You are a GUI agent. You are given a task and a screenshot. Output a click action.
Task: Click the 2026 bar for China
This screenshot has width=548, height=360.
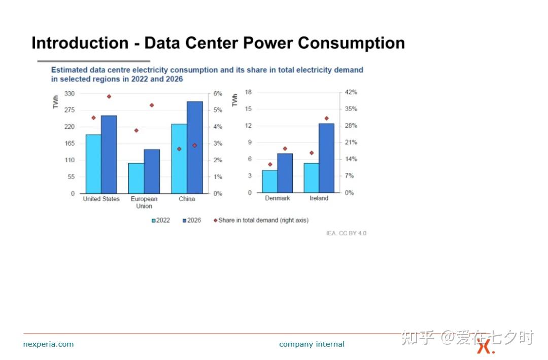pos(195,148)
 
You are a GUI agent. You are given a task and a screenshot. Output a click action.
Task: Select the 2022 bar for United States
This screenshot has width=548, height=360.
pos(94,164)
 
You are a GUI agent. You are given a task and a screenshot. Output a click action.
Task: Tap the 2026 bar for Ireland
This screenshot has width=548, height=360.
pos(326,158)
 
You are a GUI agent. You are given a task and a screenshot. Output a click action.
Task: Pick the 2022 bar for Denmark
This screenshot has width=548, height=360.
pos(270,181)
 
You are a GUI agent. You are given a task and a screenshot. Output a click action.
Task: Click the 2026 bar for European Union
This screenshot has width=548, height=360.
pos(152,171)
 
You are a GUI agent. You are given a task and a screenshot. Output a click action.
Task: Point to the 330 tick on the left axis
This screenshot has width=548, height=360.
pos(69,94)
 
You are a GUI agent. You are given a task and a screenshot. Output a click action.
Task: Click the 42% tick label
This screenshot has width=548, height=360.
pos(351,92)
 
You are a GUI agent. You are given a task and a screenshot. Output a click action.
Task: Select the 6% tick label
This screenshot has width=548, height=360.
pos(218,94)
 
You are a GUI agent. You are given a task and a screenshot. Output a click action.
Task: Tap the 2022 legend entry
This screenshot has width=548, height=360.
pos(161,221)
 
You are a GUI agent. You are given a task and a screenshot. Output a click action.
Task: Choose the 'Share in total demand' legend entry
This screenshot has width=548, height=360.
pos(261,221)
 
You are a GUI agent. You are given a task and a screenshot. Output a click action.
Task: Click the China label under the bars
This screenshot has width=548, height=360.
pos(187,199)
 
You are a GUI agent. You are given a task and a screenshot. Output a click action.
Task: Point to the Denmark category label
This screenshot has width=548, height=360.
pos(278,198)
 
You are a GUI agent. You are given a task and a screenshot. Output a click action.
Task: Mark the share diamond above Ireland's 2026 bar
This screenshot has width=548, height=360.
pos(326,118)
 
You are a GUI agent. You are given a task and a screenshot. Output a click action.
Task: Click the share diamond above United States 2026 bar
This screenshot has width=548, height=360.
pos(109,96)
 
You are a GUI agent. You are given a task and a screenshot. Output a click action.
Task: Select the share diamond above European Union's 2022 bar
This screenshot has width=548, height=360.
pos(136,130)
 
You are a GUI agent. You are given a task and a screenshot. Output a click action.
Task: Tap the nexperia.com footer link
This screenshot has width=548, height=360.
pos(49,344)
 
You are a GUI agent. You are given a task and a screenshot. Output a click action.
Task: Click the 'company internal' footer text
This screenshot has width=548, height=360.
pos(312,344)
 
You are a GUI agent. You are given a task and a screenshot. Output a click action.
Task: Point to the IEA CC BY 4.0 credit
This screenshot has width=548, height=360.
pos(347,233)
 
